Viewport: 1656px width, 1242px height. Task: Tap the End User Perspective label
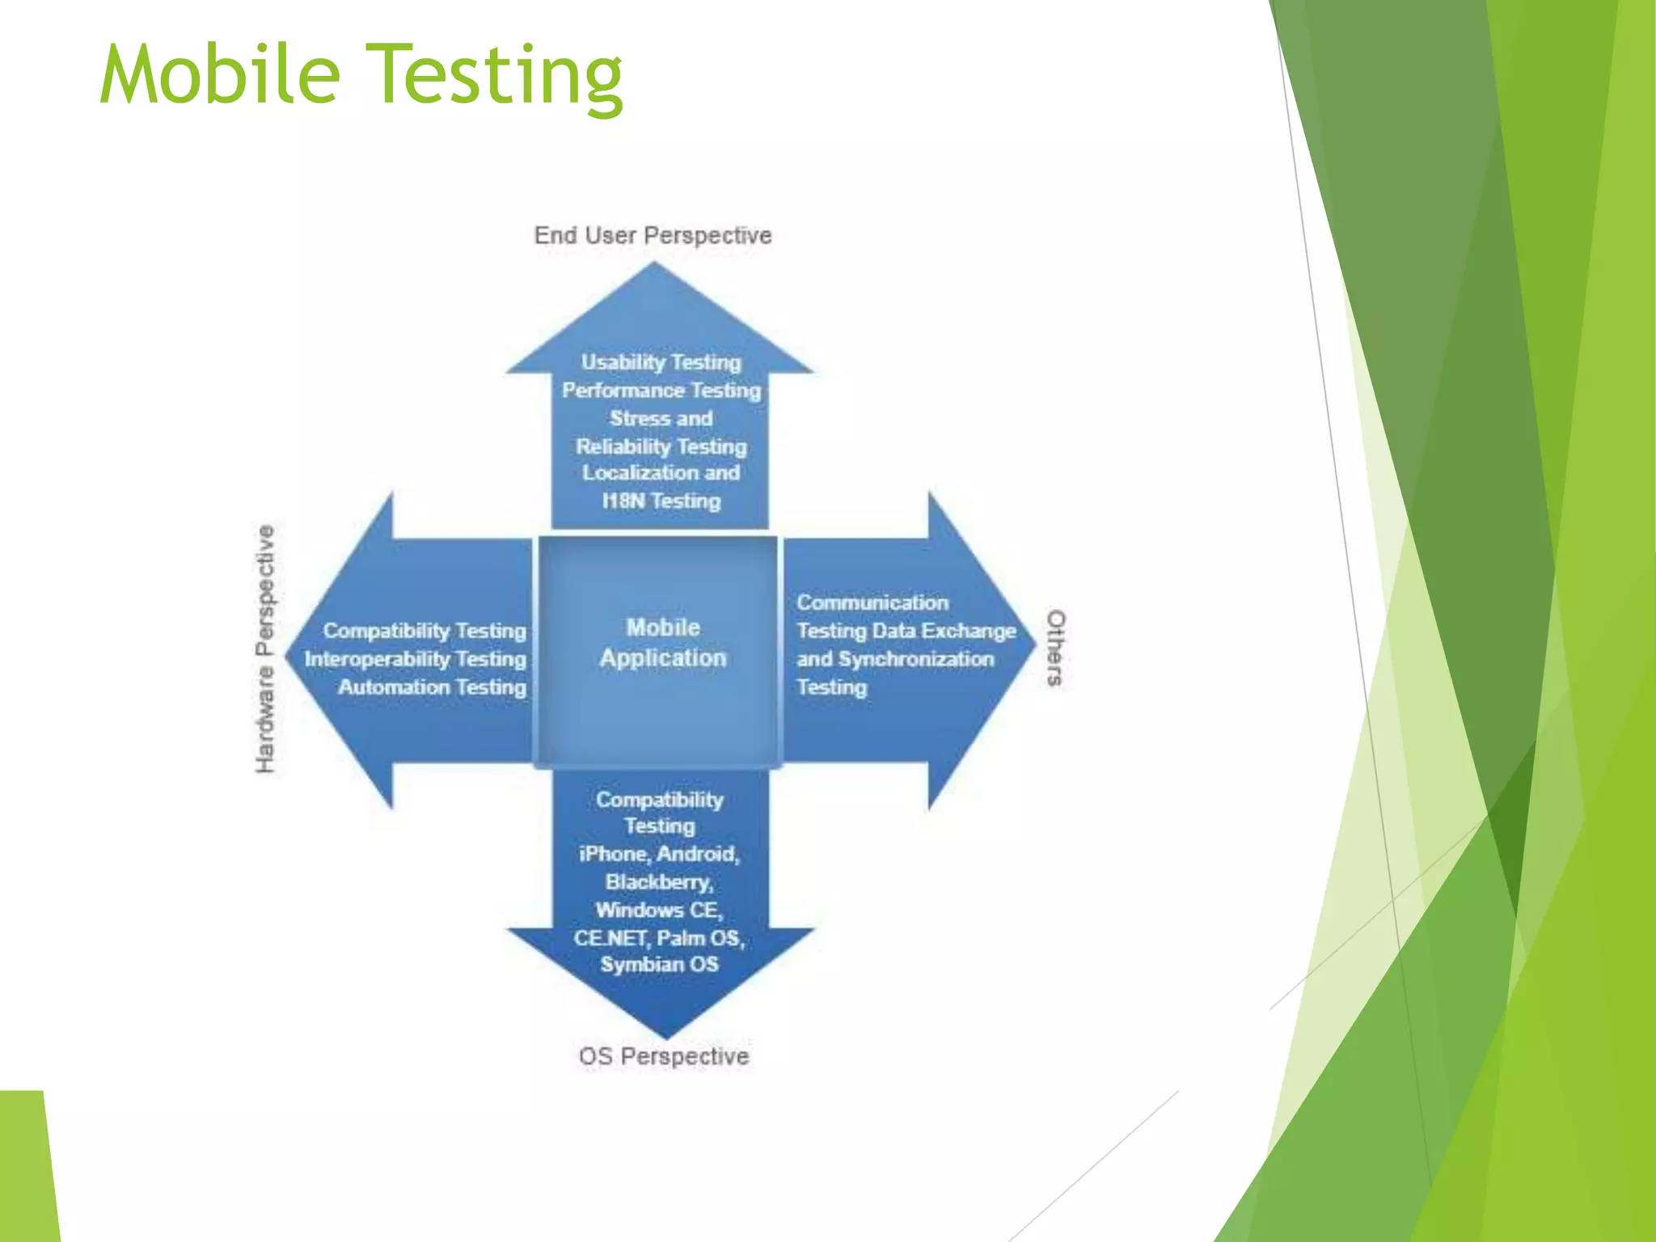653,235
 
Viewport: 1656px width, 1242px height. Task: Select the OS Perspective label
664,1056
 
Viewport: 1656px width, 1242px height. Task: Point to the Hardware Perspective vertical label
265,648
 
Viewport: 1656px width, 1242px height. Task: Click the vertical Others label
1056,648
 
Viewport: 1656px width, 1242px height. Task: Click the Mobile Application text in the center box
663,643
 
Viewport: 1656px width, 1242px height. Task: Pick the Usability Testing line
661,362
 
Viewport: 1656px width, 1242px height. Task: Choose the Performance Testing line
661,391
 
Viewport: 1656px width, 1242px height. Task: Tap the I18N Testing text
661,501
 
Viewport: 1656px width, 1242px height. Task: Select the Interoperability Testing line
415,659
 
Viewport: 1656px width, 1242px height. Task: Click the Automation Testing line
432,687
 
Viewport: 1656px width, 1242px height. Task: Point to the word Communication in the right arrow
872,602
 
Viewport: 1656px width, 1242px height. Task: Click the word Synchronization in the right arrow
916,659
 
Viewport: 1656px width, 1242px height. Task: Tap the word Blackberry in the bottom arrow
659,881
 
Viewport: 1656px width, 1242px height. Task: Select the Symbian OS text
659,964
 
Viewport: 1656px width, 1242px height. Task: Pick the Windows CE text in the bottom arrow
659,910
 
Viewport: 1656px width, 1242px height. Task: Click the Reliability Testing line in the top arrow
661,446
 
